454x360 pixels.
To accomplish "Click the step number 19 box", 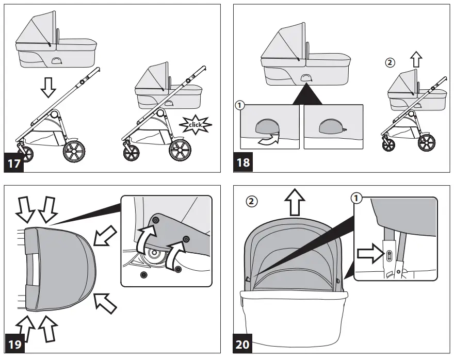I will click(15, 343).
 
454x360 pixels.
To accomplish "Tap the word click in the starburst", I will click(197, 125).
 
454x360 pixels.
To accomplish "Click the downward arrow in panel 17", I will click(48, 88).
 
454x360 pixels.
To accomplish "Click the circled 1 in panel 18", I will click(239, 105).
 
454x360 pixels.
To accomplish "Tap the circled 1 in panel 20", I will click(355, 198).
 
